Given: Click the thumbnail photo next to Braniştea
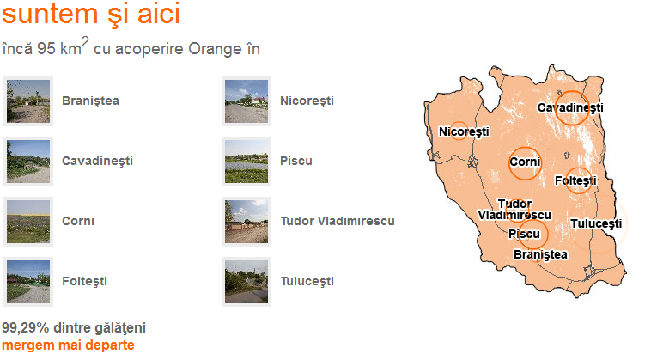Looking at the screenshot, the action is click(x=28, y=101).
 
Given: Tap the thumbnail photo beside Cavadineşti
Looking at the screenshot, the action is click(x=28, y=162).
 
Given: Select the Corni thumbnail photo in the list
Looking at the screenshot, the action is click(x=28, y=222).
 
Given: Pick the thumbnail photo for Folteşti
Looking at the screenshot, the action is click(x=28, y=282).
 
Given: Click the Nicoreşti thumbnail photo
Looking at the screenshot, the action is click(x=246, y=101).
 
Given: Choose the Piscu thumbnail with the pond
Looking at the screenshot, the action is click(x=246, y=162).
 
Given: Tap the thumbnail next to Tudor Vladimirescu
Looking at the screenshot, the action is click(x=246, y=222).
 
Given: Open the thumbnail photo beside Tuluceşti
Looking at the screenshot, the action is click(x=246, y=282).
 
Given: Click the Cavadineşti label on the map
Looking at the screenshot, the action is click(x=570, y=108).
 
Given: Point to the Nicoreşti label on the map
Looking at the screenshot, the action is click(x=464, y=132).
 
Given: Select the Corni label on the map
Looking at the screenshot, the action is click(x=525, y=162).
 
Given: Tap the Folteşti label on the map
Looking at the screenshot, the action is click(x=575, y=181).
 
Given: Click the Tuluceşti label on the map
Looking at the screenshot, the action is click(x=596, y=223).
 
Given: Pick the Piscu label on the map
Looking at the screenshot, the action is click(x=524, y=235).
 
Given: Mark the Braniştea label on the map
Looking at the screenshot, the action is click(x=540, y=254).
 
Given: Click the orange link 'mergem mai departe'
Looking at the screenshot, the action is click(x=68, y=345).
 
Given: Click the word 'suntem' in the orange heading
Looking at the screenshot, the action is click(x=50, y=14).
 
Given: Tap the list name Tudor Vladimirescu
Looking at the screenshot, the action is click(x=338, y=221).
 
